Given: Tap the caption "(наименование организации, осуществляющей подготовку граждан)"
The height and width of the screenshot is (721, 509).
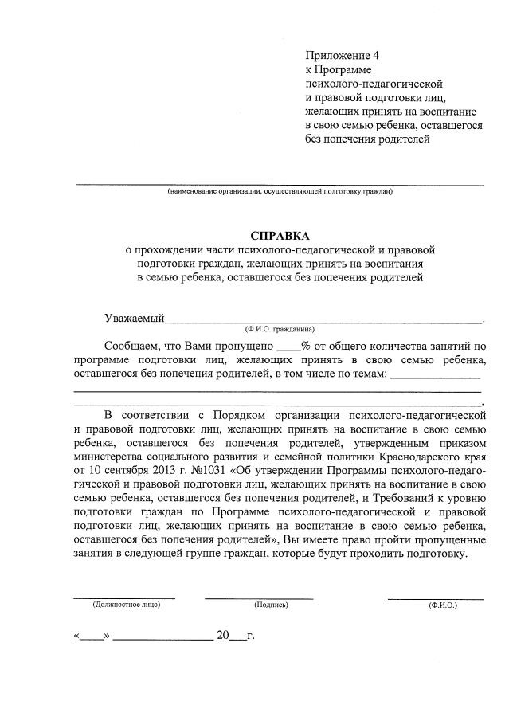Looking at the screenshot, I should coord(280,192).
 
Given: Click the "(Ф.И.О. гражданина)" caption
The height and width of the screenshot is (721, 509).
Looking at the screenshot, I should coord(280,329).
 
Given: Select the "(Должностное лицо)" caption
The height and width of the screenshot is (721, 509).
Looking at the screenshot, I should coord(126,605).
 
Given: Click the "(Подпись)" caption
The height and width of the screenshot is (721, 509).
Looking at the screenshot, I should coord(271,605).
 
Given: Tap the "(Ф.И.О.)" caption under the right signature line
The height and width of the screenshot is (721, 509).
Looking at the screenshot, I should coord(442,605).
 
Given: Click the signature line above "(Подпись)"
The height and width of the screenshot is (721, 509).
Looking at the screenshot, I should coord(259,597).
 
